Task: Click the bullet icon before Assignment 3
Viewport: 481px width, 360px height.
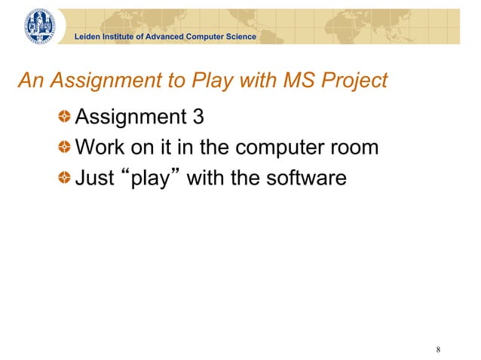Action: (x=66, y=117)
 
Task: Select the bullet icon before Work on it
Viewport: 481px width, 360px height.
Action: (x=66, y=148)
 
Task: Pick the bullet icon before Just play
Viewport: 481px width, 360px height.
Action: (x=66, y=178)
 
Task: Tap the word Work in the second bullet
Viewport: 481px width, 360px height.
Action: (x=103, y=147)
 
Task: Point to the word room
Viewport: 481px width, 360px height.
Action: (x=352, y=148)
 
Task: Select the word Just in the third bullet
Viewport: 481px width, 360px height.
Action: (x=94, y=178)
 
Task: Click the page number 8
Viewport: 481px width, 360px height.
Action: (x=438, y=349)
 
